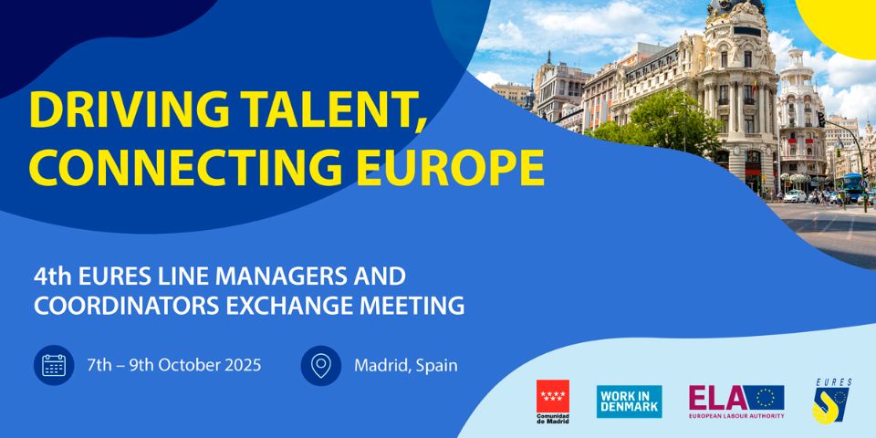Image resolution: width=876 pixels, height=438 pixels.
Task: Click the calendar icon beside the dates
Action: pyautogui.click(x=54, y=365)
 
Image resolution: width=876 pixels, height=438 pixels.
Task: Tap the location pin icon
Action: pyautogui.click(x=320, y=365)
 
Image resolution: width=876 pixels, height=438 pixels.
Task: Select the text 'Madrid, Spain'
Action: pyautogui.click(x=405, y=366)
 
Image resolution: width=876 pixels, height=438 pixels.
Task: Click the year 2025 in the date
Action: pyautogui.click(x=241, y=365)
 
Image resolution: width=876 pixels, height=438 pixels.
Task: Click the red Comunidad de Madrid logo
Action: pyautogui.click(x=553, y=401)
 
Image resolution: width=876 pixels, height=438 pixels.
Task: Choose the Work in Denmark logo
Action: pyautogui.click(x=629, y=401)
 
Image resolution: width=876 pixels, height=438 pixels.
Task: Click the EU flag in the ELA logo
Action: pyautogui.click(x=766, y=398)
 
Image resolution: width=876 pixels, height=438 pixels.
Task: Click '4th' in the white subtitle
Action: pyautogui.click(x=53, y=276)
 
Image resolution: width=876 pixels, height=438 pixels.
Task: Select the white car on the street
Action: pyautogui.click(x=795, y=196)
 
